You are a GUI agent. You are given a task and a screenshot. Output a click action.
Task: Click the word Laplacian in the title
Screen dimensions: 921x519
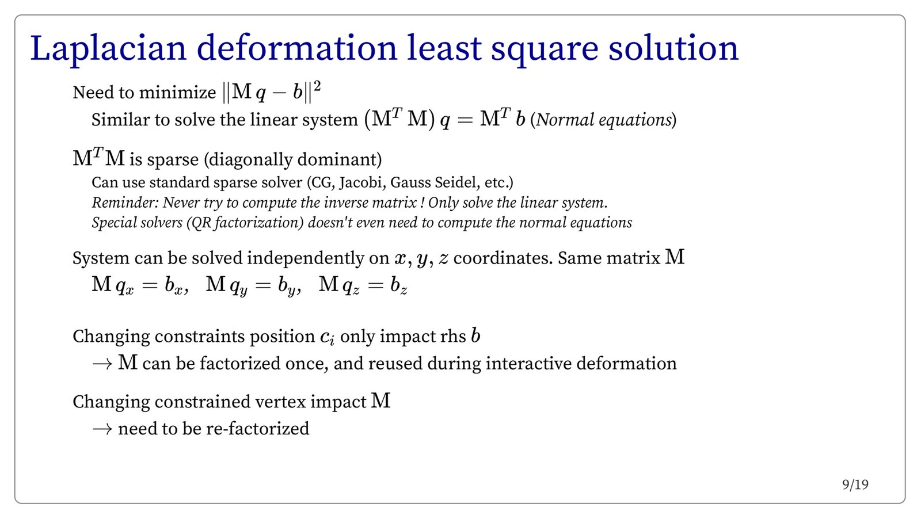pyautogui.click(x=109, y=49)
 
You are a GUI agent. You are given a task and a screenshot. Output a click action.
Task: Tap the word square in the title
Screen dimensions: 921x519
pyautogui.click(x=545, y=52)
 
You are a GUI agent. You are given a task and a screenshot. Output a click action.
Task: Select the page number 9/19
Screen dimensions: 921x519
pyautogui.click(x=855, y=485)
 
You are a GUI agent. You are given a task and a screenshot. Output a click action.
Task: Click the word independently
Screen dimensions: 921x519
pyautogui.click(x=318, y=258)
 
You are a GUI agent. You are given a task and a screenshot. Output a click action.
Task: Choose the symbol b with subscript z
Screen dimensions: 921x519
pyautogui.click(x=399, y=285)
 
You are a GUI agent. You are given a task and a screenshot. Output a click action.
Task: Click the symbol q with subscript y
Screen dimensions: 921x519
pyautogui.click(x=238, y=287)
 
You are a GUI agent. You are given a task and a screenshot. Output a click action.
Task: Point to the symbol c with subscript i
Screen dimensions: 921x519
pyautogui.click(x=328, y=338)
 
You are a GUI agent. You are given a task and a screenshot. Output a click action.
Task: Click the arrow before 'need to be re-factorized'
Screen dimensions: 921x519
pyautogui.click(x=102, y=429)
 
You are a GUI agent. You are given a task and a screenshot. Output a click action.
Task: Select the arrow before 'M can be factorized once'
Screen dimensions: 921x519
pyautogui.click(x=102, y=364)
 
